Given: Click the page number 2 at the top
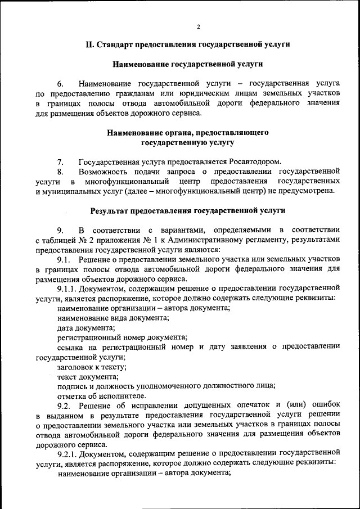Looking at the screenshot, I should coord(199,26).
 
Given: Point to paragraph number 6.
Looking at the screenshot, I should coord(60,83).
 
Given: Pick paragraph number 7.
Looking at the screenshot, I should coord(60,162).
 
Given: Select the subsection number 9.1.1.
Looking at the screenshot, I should coord(69,289).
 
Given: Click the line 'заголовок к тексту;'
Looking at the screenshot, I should coord(92,366).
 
